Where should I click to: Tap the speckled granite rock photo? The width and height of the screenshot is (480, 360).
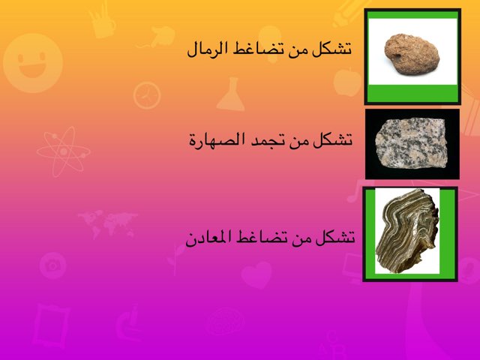[412, 142]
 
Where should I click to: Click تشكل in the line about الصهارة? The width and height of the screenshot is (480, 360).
[335, 140]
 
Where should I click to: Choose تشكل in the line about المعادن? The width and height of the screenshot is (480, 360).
[335, 238]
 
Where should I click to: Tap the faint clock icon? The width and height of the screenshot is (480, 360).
[147, 94]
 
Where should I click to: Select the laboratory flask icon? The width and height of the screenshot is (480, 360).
[230, 95]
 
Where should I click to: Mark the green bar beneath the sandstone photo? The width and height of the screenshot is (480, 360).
[412, 93]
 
